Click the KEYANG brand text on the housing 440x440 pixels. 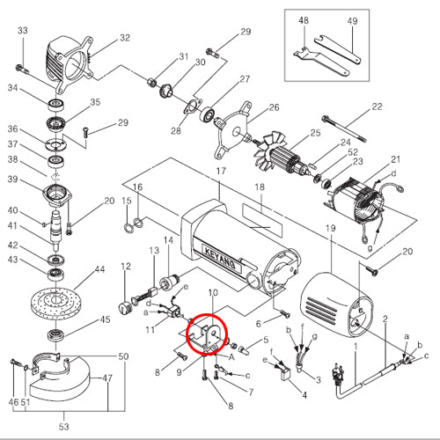coord(221,259)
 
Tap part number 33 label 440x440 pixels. coord(23,31)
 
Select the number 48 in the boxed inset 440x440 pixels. coord(304,20)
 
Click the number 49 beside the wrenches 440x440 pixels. coord(352,21)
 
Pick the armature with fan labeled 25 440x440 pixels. coord(282,157)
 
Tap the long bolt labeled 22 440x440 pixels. coord(344,128)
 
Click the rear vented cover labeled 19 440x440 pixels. coord(336,305)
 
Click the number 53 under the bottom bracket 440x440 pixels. coord(63,427)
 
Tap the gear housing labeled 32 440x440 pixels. coord(69,64)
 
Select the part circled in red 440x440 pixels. coord(207,336)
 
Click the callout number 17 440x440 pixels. coord(221,171)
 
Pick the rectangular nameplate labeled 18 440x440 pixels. coord(261,221)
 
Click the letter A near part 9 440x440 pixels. coord(231,357)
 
